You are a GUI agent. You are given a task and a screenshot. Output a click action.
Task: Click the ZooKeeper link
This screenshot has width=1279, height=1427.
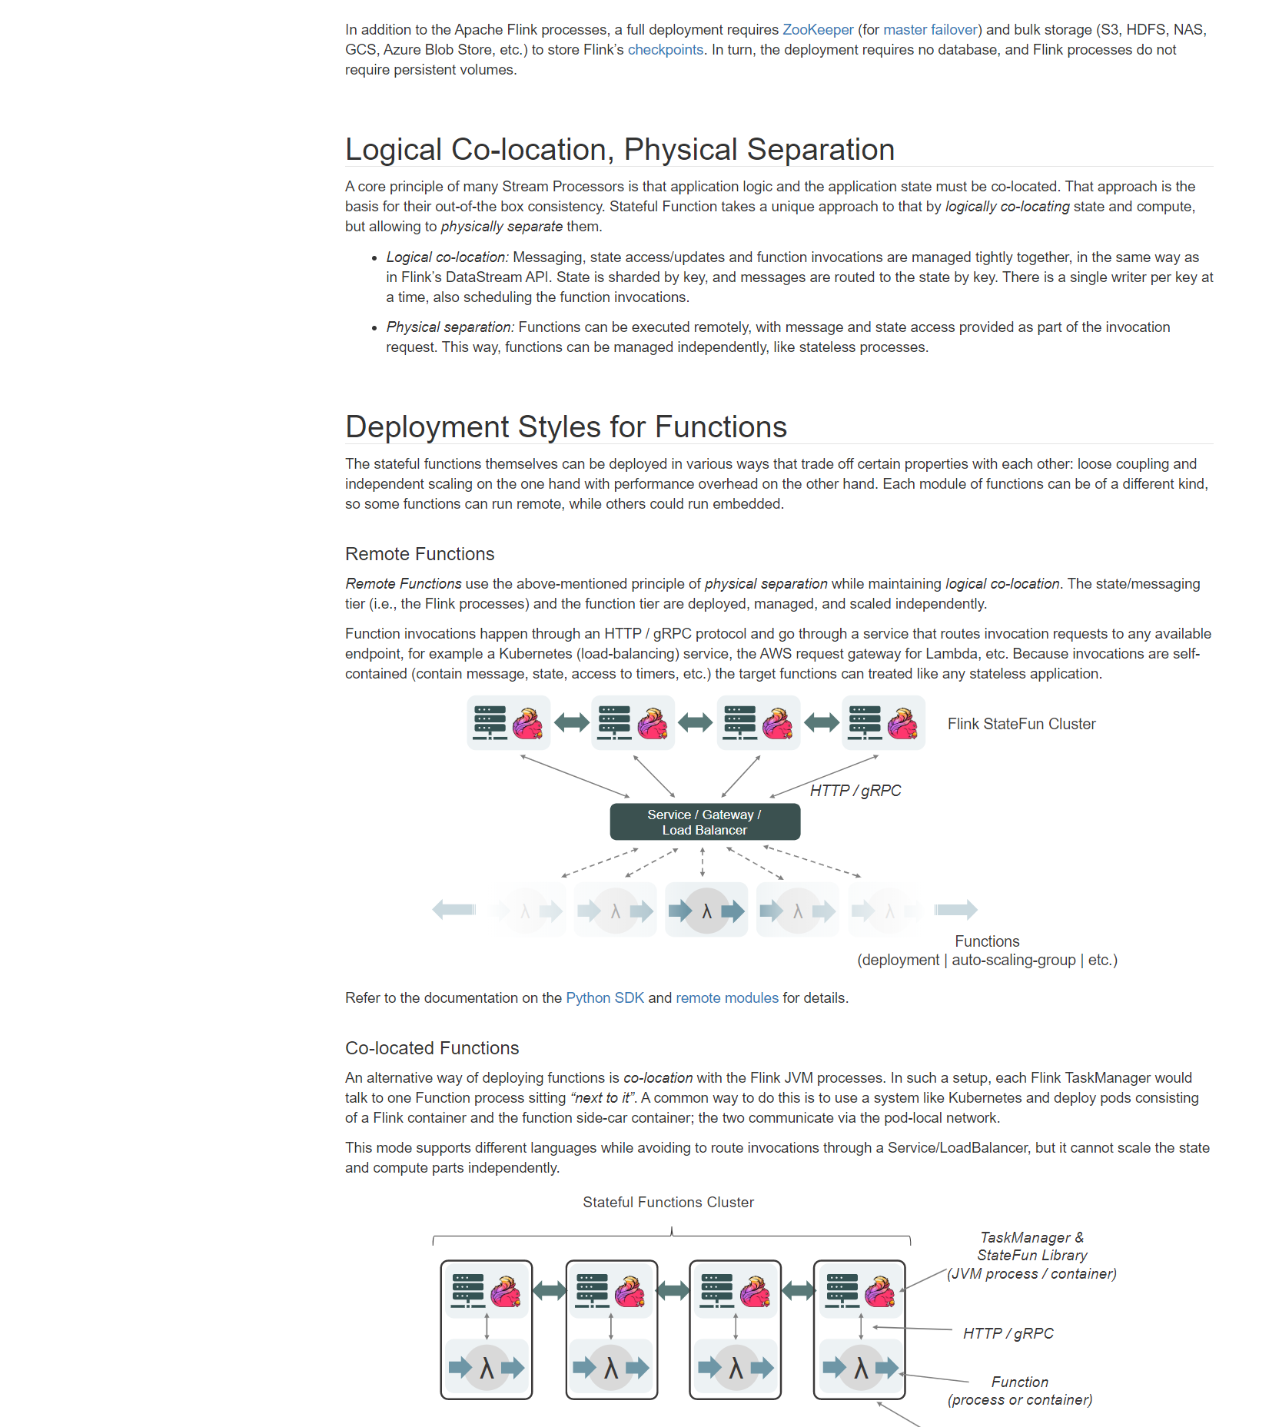coord(818,30)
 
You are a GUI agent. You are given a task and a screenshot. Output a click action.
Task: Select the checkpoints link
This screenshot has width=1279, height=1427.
coord(666,50)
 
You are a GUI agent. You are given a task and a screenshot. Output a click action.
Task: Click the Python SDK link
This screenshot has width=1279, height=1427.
coord(605,998)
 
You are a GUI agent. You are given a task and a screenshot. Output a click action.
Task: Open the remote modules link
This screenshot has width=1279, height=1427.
coord(727,998)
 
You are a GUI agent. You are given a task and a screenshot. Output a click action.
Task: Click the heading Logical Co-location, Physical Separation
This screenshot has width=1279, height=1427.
coord(620,150)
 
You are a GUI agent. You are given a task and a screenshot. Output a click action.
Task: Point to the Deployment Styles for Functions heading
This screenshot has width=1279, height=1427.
coord(566,427)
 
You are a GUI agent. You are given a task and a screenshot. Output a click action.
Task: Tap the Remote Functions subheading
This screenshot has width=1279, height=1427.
coord(420,554)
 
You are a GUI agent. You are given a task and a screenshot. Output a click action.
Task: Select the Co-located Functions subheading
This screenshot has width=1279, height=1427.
coord(432,1048)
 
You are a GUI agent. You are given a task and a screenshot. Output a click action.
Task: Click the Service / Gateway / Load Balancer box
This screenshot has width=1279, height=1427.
coord(705,822)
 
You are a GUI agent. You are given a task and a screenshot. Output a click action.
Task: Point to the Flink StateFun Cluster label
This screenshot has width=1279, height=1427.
coord(1022,724)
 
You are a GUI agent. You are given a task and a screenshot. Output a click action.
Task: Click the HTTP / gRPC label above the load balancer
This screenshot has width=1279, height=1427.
coord(855,791)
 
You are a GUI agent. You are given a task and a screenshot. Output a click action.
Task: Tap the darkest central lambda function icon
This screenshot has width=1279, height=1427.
coord(706,911)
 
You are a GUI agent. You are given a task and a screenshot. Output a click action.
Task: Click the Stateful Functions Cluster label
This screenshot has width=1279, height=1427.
coord(668,1203)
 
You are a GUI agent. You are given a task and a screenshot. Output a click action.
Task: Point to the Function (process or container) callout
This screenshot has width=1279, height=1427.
coord(1020,1391)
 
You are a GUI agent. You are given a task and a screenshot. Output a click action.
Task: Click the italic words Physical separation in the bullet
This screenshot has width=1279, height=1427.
coord(450,327)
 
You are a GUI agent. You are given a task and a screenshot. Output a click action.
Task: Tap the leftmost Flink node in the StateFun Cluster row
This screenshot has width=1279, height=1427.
coord(508,723)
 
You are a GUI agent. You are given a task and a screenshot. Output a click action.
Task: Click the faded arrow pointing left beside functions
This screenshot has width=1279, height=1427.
coord(454,910)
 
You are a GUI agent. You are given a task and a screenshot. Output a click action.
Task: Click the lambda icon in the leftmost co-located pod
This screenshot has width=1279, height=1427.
coord(487,1368)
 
